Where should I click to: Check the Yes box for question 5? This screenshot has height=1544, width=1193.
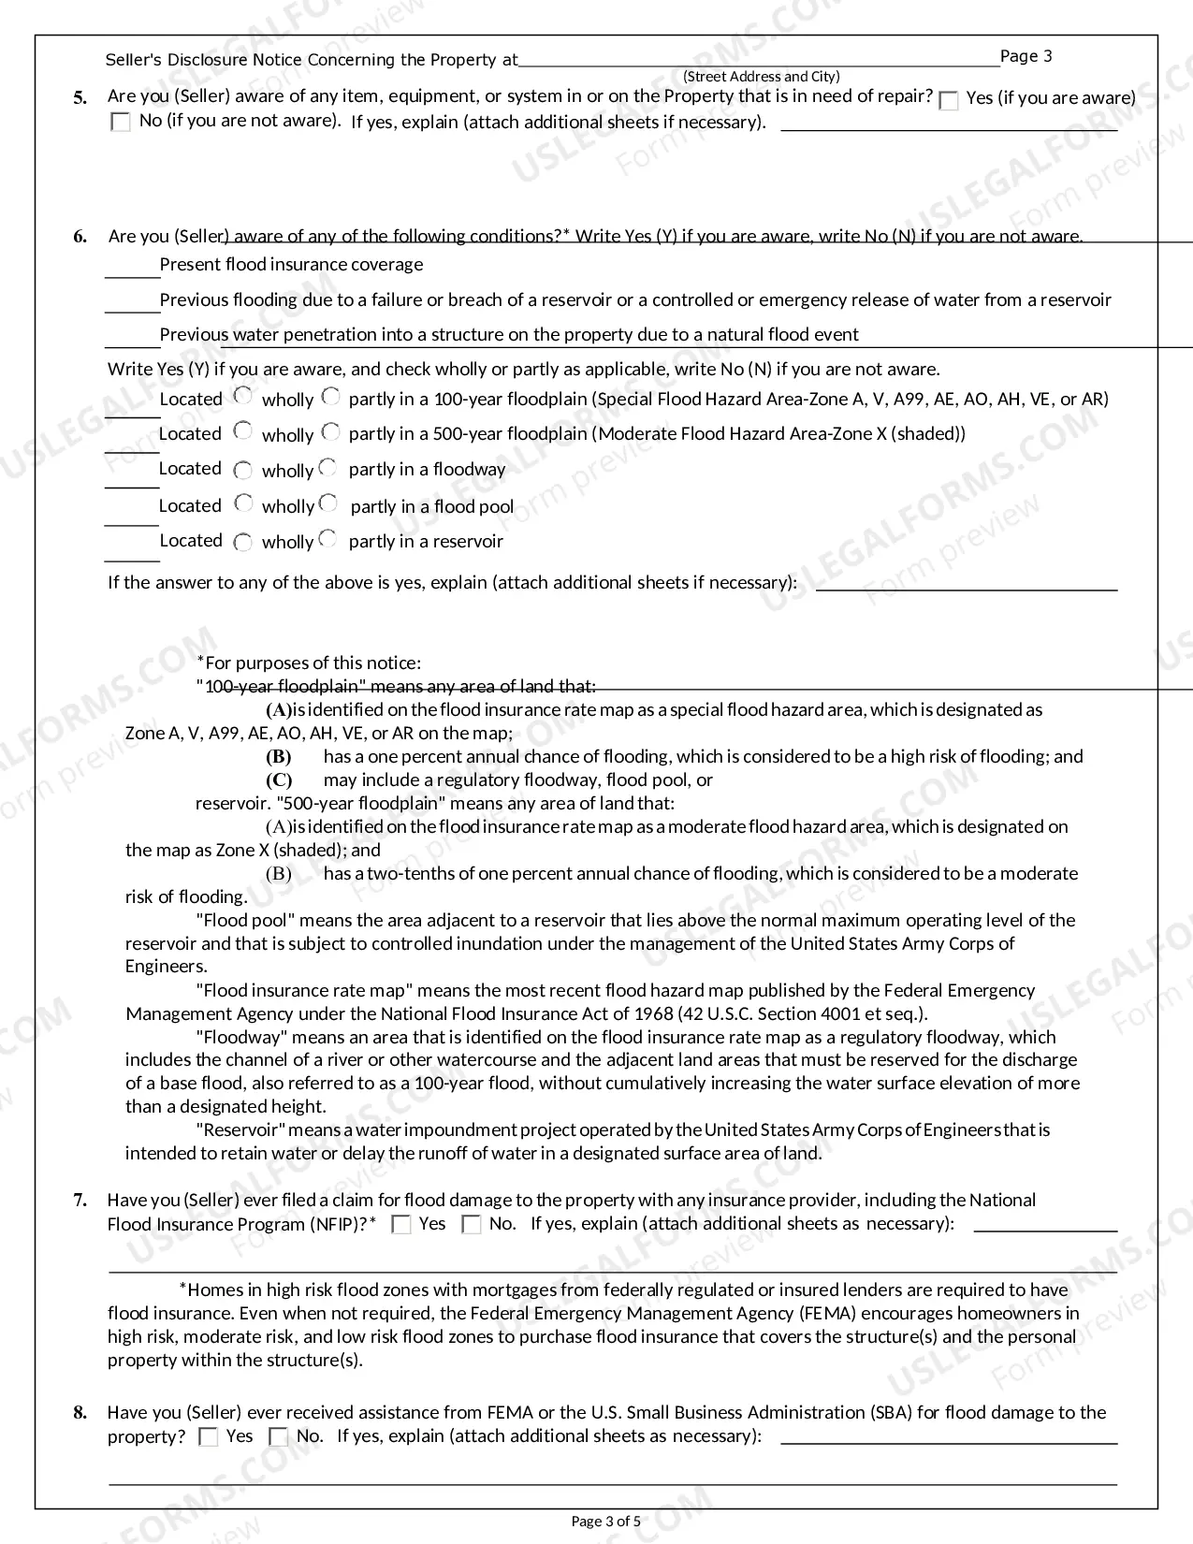click(x=949, y=101)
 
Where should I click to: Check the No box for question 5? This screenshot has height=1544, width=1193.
click(x=121, y=122)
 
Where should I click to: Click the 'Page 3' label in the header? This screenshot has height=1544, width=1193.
click(x=1026, y=56)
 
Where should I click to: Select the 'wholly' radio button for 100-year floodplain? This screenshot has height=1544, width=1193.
click(x=243, y=396)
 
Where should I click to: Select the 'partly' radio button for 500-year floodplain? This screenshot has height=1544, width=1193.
click(x=330, y=431)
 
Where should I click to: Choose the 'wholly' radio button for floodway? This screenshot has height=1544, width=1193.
click(x=243, y=470)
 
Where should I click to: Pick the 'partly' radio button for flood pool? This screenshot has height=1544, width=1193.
click(x=328, y=503)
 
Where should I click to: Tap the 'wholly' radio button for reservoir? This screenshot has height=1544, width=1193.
click(x=243, y=542)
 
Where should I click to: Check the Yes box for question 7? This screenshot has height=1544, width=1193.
click(x=401, y=1225)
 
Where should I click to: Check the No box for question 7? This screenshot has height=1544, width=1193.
click(x=472, y=1225)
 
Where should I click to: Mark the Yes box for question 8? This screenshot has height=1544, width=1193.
click(x=209, y=1437)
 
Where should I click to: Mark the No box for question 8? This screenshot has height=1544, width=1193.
click(x=279, y=1437)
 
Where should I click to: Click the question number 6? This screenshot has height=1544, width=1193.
click(x=80, y=237)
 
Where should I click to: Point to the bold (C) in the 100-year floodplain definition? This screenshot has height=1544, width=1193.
click(x=279, y=780)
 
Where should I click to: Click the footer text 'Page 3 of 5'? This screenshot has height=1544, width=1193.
click(x=606, y=1521)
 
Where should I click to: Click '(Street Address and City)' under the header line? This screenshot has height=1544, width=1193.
click(x=761, y=77)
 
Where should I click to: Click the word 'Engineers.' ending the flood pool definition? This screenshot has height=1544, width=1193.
click(x=167, y=967)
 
